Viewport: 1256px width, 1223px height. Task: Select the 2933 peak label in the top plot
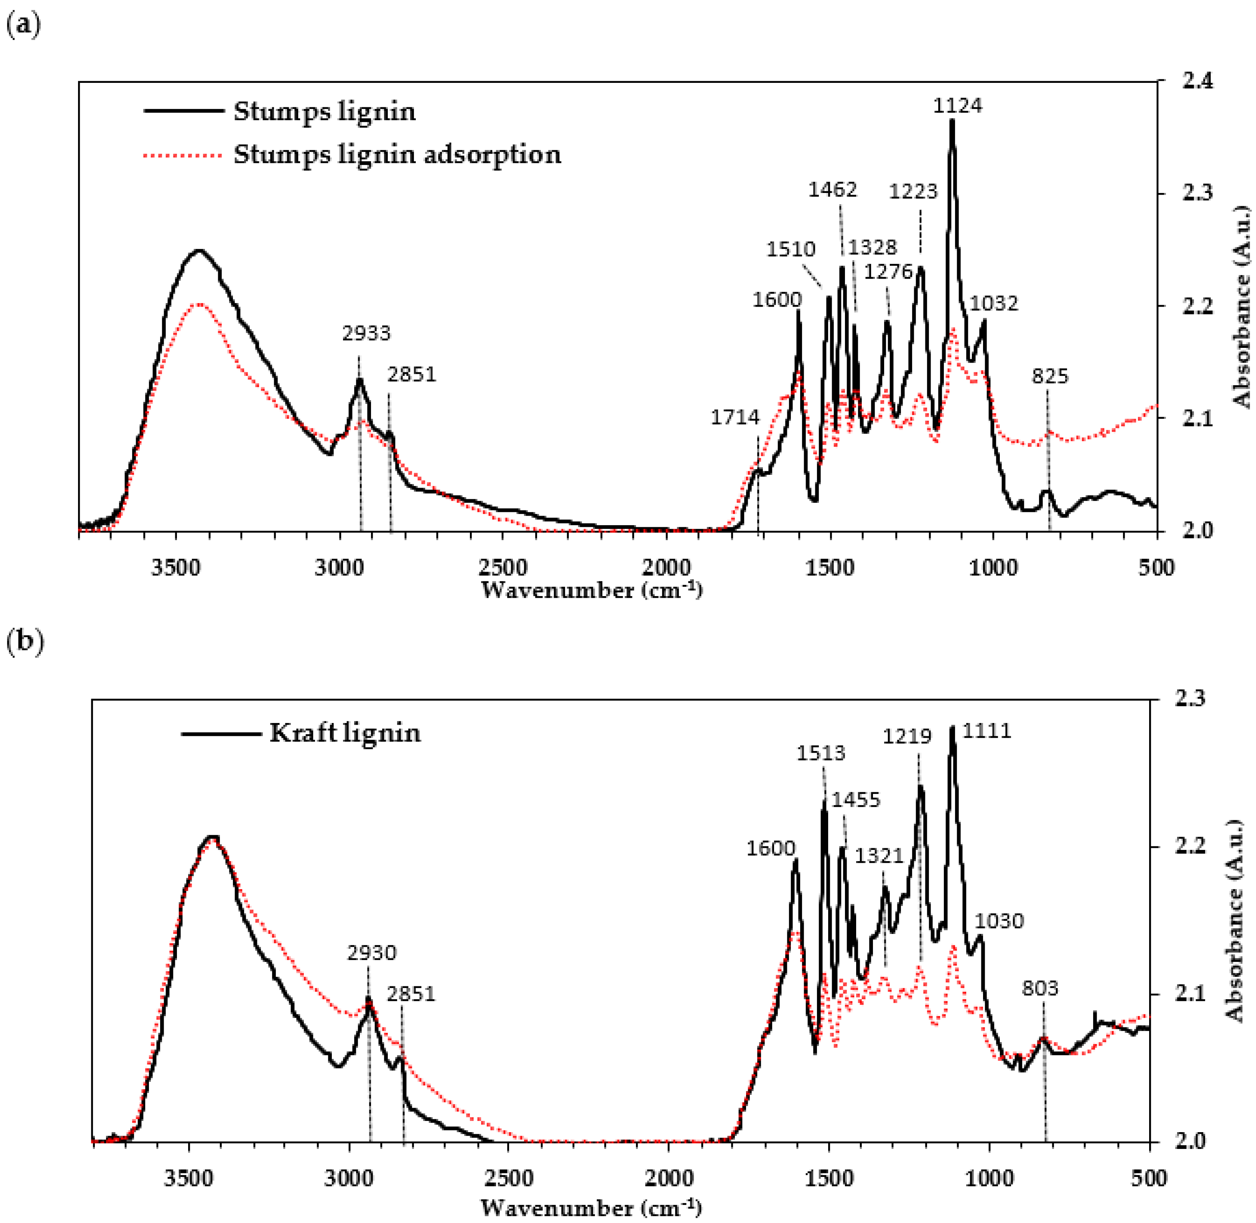click(366, 333)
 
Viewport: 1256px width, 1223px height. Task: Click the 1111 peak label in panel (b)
click(987, 731)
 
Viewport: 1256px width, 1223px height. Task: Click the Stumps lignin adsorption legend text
click(397, 155)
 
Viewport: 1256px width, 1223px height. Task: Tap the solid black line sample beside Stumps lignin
click(184, 111)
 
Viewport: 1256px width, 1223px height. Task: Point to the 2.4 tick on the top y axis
click(1198, 82)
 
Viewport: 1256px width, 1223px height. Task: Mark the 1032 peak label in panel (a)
click(993, 303)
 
